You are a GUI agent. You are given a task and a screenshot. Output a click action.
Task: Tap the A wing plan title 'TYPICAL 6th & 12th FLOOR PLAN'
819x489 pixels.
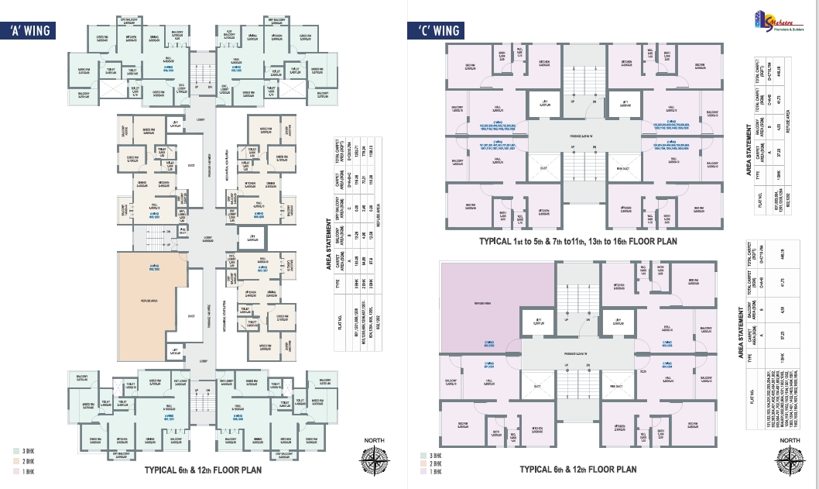click(x=203, y=470)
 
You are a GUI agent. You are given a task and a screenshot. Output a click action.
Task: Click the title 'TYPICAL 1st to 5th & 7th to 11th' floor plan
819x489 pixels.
click(x=578, y=242)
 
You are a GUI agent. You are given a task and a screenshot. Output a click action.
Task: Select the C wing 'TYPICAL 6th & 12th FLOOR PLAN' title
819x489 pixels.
click(x=578, y=469)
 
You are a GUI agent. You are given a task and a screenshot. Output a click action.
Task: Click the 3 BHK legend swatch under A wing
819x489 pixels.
click(x=16, y=450)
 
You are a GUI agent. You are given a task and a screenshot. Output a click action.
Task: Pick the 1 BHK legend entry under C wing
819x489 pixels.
click(x=425, y=471)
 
